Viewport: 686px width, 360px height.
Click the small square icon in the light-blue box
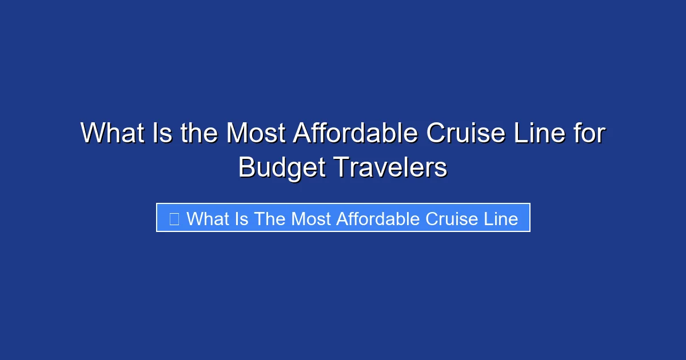click(174, 218)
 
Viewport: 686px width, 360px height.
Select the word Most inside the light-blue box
click(311, 218)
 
